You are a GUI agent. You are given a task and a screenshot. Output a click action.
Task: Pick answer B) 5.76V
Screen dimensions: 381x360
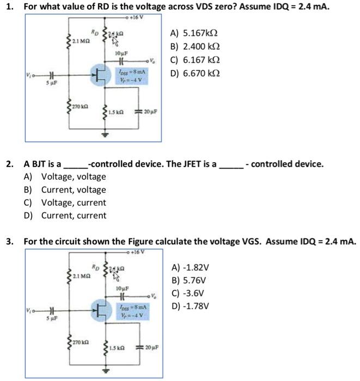click(190, 281)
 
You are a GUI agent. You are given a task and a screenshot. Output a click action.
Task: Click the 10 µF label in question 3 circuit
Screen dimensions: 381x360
click(121, 287)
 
